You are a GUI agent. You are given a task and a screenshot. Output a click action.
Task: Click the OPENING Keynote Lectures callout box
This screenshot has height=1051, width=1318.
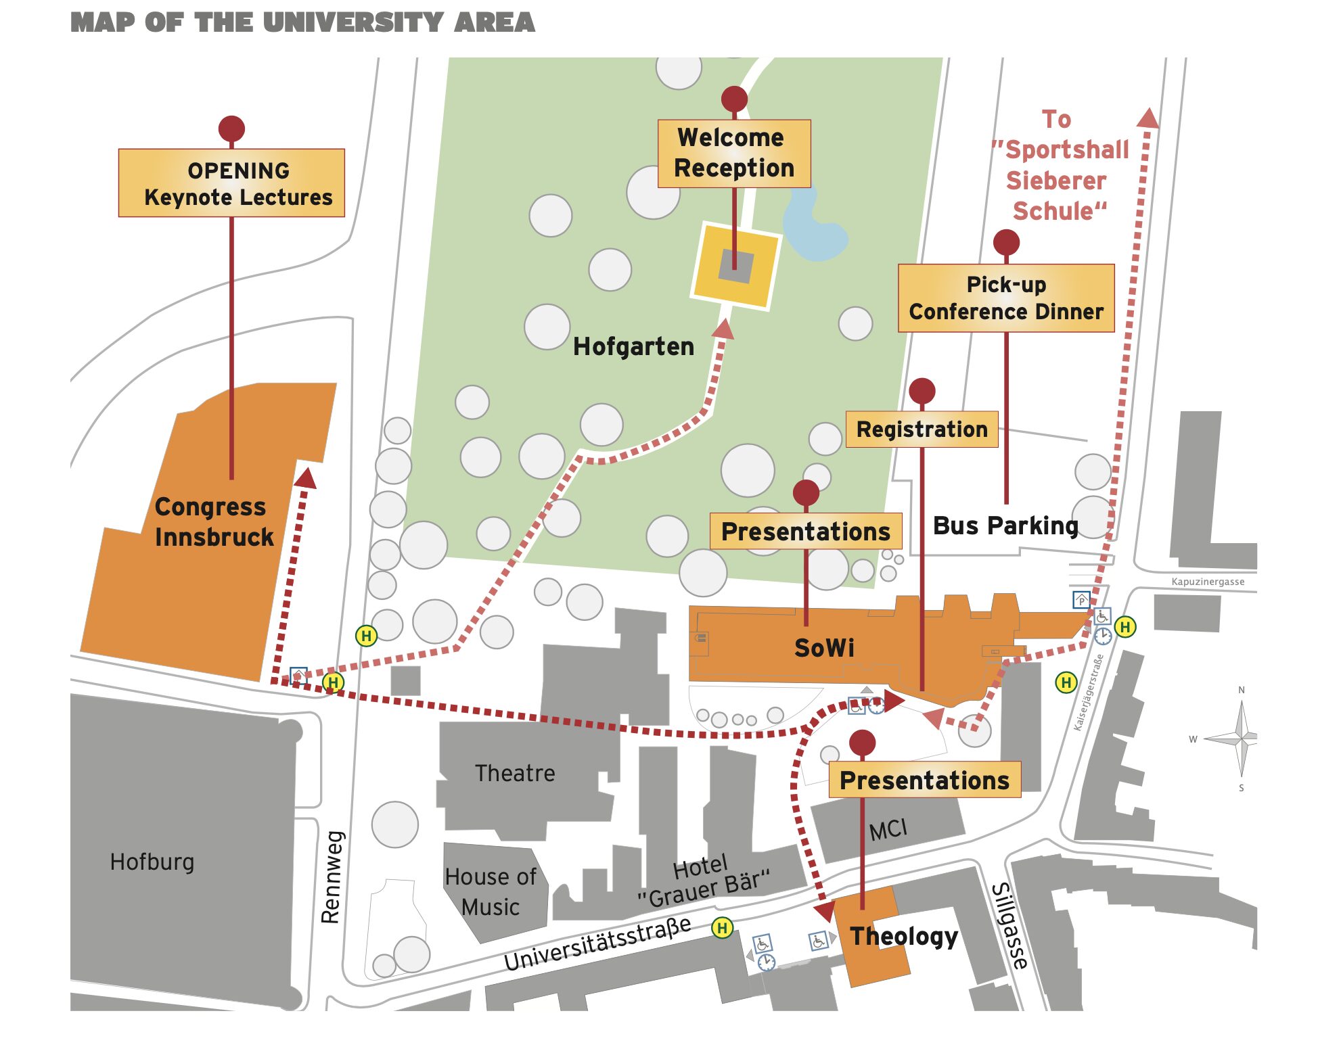(231, 183)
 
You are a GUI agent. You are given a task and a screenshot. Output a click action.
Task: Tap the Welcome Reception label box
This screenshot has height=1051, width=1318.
(734, 154)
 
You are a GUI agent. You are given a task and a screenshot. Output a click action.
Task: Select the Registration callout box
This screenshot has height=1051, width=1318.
(922, 429)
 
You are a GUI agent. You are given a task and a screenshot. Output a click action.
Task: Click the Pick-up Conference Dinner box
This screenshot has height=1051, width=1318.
(1005, 298)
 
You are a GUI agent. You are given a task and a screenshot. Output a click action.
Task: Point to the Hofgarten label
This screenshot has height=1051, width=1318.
(633, 347)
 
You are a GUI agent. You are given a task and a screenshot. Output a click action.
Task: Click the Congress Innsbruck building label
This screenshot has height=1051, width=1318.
(214, 521)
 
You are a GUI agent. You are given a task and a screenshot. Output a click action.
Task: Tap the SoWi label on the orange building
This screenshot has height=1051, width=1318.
(824, 648)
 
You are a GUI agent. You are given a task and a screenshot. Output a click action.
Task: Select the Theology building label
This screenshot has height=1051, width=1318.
(903, 936)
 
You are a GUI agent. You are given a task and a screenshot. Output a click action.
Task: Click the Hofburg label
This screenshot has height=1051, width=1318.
(152, 862)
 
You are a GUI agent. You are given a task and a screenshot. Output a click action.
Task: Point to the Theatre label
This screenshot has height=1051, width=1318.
(515, 773)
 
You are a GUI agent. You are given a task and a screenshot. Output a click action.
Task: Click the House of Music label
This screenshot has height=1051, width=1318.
(491, 891)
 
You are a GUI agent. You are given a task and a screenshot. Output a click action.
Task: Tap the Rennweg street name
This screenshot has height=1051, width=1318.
(331, 877)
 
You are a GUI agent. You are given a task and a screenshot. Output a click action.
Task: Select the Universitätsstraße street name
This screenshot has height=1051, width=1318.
(597, 944)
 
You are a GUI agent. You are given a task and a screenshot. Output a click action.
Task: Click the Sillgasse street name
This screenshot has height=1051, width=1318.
(1010, 925)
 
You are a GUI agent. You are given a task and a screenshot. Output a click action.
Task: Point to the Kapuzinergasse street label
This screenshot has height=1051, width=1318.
(1208, 582)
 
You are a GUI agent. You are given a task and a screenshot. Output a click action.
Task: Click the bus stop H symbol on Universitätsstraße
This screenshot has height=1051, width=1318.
(722, 928)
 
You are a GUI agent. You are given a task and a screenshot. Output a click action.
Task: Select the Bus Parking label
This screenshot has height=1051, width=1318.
(1005, 525)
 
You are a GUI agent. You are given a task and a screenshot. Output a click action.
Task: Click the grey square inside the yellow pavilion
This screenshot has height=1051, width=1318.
(736, 266)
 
